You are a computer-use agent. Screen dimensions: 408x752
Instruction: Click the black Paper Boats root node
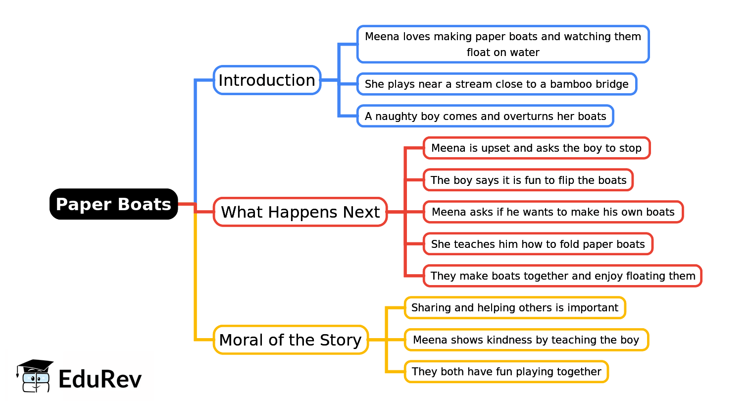pyautogui.click(x=113, y=204)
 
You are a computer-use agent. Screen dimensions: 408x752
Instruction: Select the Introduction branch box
pyautogui.click(x=267, y=80)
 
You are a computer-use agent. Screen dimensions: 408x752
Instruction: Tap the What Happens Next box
pyautogui.click(x=300, y=212)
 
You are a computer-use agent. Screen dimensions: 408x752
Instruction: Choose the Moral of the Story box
pyautogui.click(x=291, y=340)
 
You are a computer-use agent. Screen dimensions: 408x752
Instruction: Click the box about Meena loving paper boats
pyautogui.click(x=502, y=44)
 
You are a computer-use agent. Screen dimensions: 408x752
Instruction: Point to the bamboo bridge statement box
pyautogui.click(x=497, y=84)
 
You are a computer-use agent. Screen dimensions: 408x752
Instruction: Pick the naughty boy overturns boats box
pyautogui.click(x=485, y=116)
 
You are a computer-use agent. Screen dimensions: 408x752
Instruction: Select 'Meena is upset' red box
pyautogui.click(x=536, y=148)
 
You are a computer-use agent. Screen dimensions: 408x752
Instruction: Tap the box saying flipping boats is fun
pyautogui.click(x=528, y=180)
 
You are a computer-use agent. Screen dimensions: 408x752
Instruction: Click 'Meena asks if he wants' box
pyautogui.click(x=553, y=212)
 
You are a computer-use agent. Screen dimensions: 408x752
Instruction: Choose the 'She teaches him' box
pyautogui.click(x=538, y=244)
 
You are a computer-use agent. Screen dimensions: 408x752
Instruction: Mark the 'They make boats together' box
pyautogui.click(x=562, y=276)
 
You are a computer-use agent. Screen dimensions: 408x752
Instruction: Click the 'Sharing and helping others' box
pyautogui.click(x=515, y=308)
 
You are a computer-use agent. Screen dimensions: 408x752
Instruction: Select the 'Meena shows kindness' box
pyautogui.click(x=526, y=340)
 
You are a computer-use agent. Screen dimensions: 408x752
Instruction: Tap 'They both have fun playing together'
pyautogui.click(x=506, y=372)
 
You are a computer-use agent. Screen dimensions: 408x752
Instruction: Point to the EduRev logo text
pyautogui.click(x=100, y=379)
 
